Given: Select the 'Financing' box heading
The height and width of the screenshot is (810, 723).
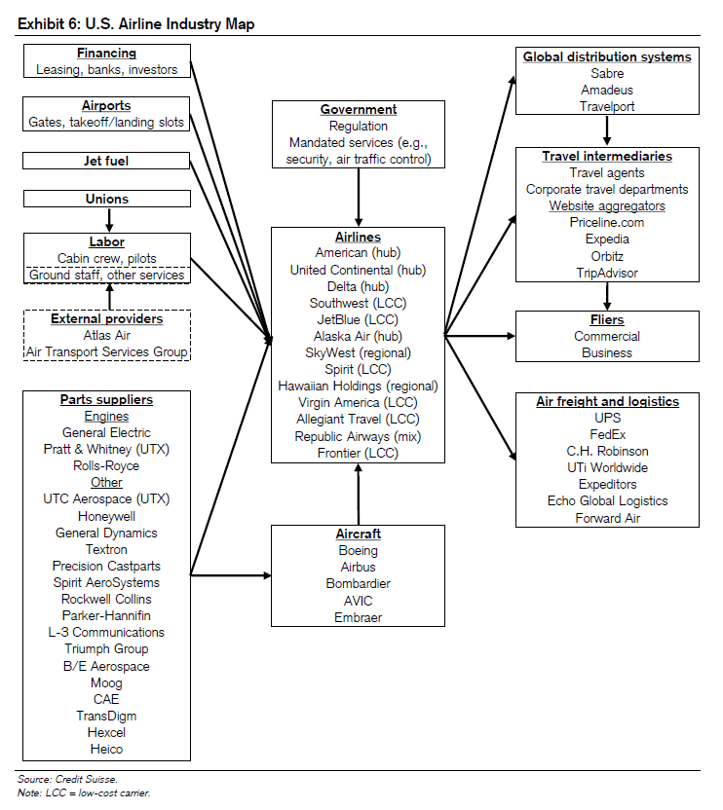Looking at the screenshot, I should pyautogui.click(x=106, y=53).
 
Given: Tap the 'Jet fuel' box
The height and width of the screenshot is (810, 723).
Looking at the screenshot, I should pyautogui.click(x=106, y=161).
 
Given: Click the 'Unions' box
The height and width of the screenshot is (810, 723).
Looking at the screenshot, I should pyautogui.click(x=106, y=199).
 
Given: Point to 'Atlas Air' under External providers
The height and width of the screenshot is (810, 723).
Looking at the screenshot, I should pyautogui.click(x=106, y=335).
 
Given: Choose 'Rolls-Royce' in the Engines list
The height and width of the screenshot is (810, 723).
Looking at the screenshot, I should pyautogui.click(x=106, y=465).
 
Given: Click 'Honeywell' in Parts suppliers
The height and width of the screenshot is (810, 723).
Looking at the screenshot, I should pyautogui.click(x=106, y=516).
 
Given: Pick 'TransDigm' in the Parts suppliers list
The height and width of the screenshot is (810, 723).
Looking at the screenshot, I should pyautogui.click(x=106, y=716).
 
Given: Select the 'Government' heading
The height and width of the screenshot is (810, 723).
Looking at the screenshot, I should pyautogui.click(x=359, y=109).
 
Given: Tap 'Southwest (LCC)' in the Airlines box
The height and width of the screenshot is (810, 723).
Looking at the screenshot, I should pyautogui.click(x=359, y=303).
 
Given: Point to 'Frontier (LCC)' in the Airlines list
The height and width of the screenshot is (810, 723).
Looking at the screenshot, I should pyautogui.click(x=359, y=453).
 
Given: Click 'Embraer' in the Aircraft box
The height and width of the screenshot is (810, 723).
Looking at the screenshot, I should pyautogui.click(x=359, y=617).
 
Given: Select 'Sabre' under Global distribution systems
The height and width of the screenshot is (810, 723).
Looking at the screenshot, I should pyautogui.click(x=607, y=74).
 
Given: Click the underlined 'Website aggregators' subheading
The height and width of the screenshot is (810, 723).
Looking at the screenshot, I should pyautogui.click(x=607, y=205).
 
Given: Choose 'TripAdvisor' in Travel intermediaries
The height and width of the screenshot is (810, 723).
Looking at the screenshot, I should pyautogui.click(x=607, y=273).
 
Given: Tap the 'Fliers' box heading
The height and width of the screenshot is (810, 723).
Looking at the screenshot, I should pyautogui.click(x=607, y=319).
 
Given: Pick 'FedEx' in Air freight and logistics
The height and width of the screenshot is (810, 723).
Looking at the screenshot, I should pyautogui.click(x=607, y=434).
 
